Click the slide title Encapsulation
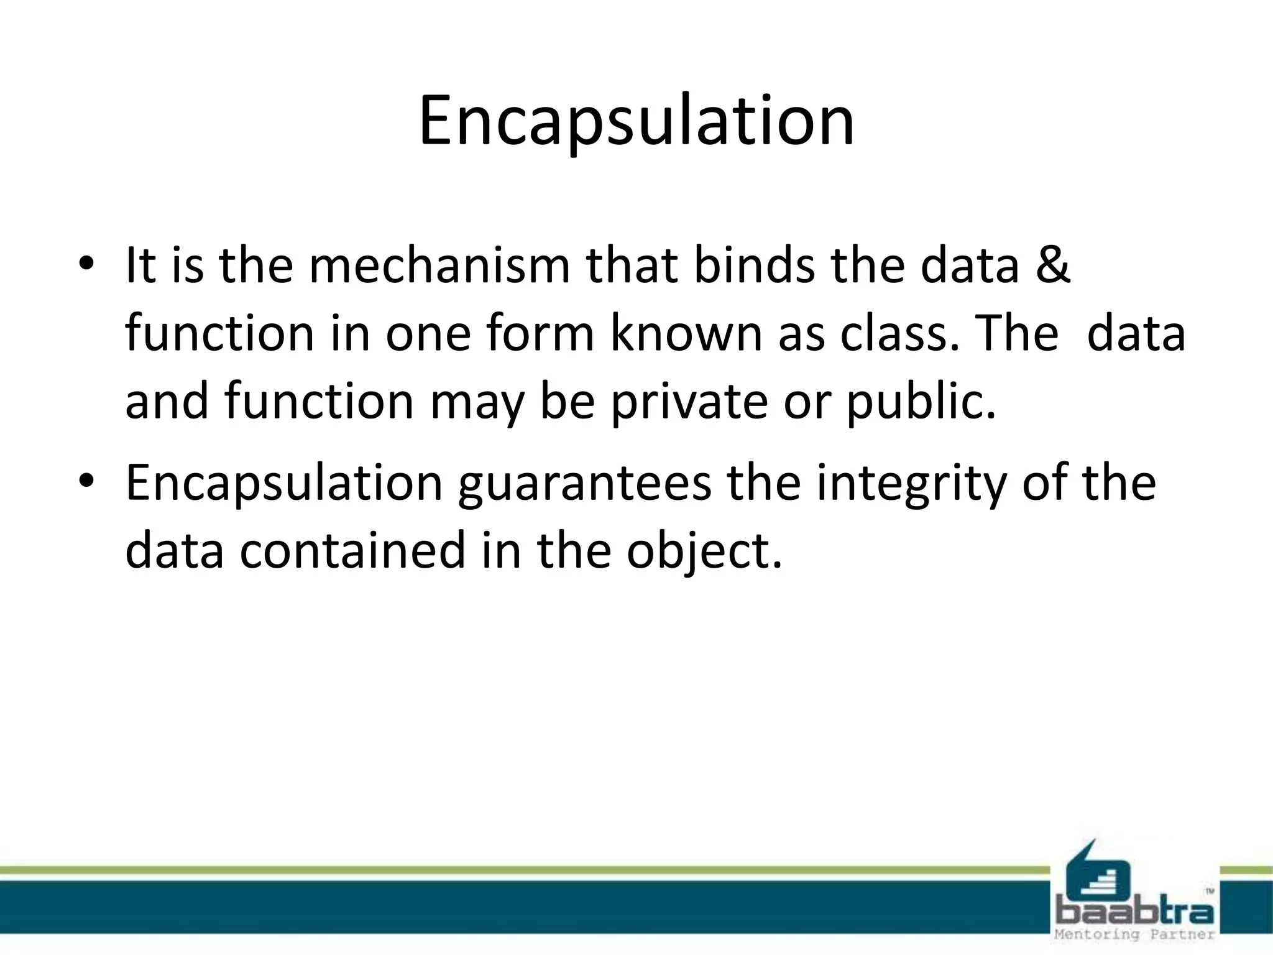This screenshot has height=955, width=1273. [x=636, y=121]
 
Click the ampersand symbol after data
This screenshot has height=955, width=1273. [x=1052, y=265]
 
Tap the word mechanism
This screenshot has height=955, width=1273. [x=439, y=265]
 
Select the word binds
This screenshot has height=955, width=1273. [x=753, y=265]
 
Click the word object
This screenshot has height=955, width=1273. [x=702, y=551]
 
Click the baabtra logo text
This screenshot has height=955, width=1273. [x=1135, y=913]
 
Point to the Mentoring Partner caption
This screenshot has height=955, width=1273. [x=1135, y=934]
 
